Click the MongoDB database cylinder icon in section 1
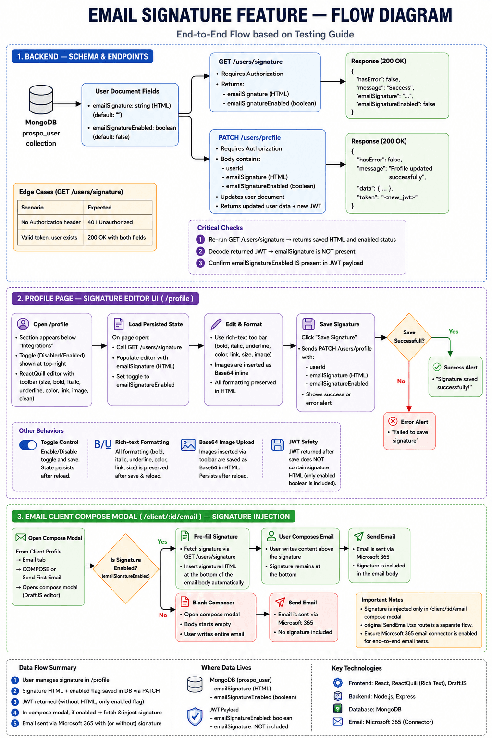coord(41,99)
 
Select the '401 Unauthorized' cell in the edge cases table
coord(110,222)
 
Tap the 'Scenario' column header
coord(32,207)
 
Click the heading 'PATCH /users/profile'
coord(249,138)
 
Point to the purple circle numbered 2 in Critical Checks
coord(200,251)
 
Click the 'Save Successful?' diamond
coord(409,337)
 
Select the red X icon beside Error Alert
coord(393,421)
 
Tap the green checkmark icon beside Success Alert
coord(437,367)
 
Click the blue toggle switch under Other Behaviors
coord(28,445)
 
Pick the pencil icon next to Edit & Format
coord(216,324)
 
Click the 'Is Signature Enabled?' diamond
coord(126,568)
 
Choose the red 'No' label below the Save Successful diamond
coord(401,381)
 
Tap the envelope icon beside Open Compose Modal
coord(21,538)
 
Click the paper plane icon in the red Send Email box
coord(280,602)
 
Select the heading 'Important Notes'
coord(382,600)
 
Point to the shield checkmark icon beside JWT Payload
coord(195,716)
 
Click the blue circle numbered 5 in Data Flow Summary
coord(15,723)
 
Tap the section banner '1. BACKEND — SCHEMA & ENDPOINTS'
coord(82,56)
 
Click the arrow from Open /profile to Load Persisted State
coord(99,346)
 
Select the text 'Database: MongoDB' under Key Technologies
coord(375,709)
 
